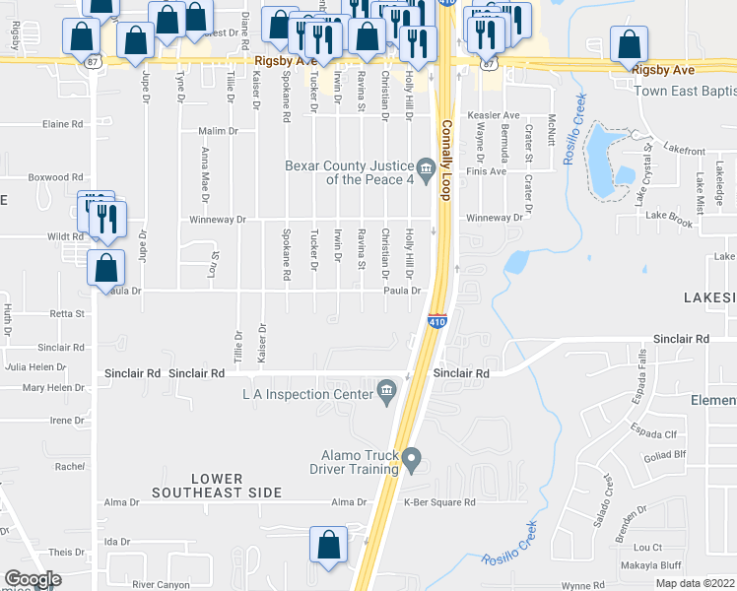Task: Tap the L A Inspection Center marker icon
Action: (x=386, y=394)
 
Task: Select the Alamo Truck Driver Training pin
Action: (x=414, y=459)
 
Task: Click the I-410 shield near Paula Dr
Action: (x=438, y=321)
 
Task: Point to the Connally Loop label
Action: (x=445, y=162)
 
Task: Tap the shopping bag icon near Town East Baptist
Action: (x=628, y=44)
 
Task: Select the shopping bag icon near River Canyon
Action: (x=328, y=545)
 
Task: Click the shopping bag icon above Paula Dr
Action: (x=105, y=267)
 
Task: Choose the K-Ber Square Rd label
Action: (x=439, y=502)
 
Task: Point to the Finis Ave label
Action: (x=485, y=170)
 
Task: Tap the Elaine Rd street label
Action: (x=62, y=124)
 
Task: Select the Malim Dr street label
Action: (x=219, y=131)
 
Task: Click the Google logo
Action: (x=33, y=579)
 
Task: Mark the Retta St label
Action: (x=68, y=314)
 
